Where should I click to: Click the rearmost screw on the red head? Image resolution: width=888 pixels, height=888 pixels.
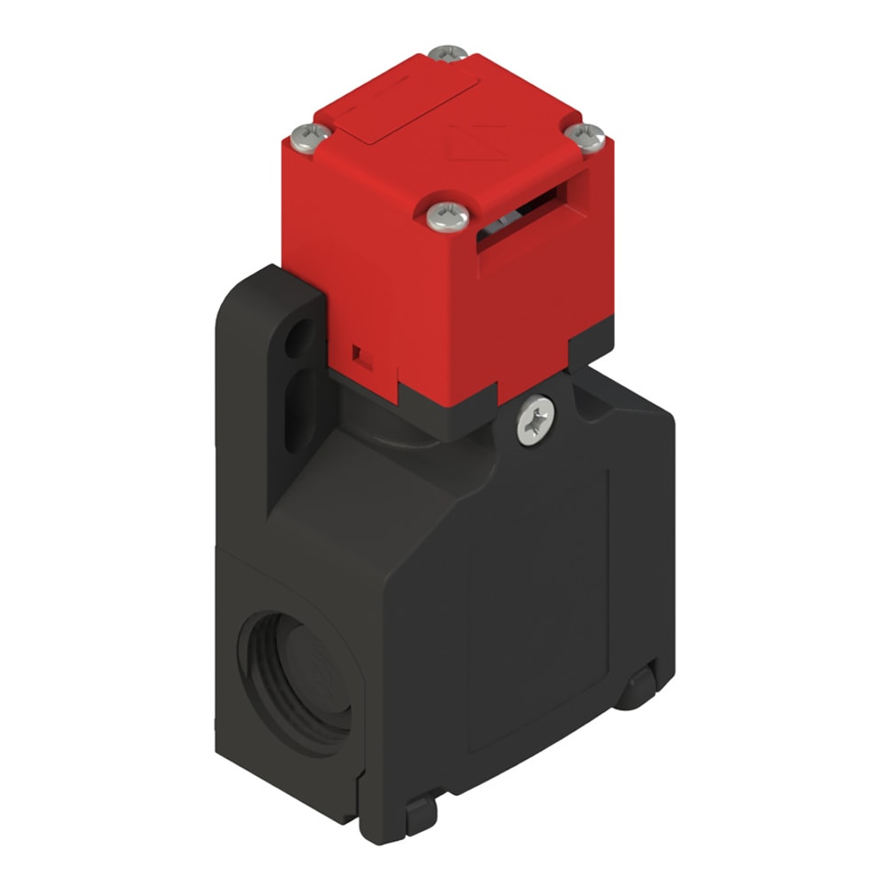click(448, 53)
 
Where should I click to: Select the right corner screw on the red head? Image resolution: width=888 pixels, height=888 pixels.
click(585, 136)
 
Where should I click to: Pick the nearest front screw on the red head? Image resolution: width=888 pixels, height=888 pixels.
click(447, 216)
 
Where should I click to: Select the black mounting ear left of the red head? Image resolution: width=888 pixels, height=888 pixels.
click(266, 373)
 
